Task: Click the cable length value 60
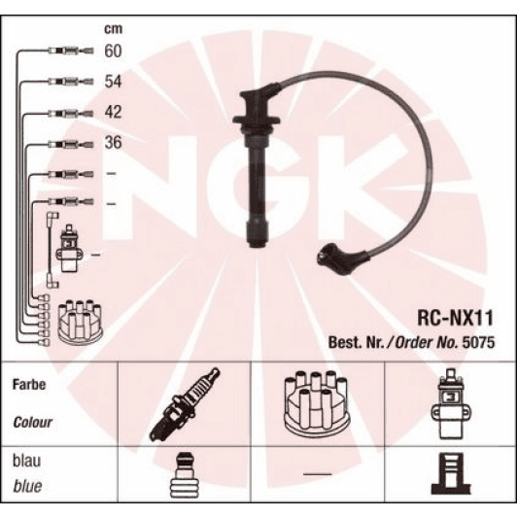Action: click(x=113, y=51)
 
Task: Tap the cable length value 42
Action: click(x=113, y=112)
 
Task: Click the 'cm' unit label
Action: click(x=112, y=28)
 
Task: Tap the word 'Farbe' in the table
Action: click(x=29, y=385)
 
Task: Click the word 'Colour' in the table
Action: click(x=33, y=424)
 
